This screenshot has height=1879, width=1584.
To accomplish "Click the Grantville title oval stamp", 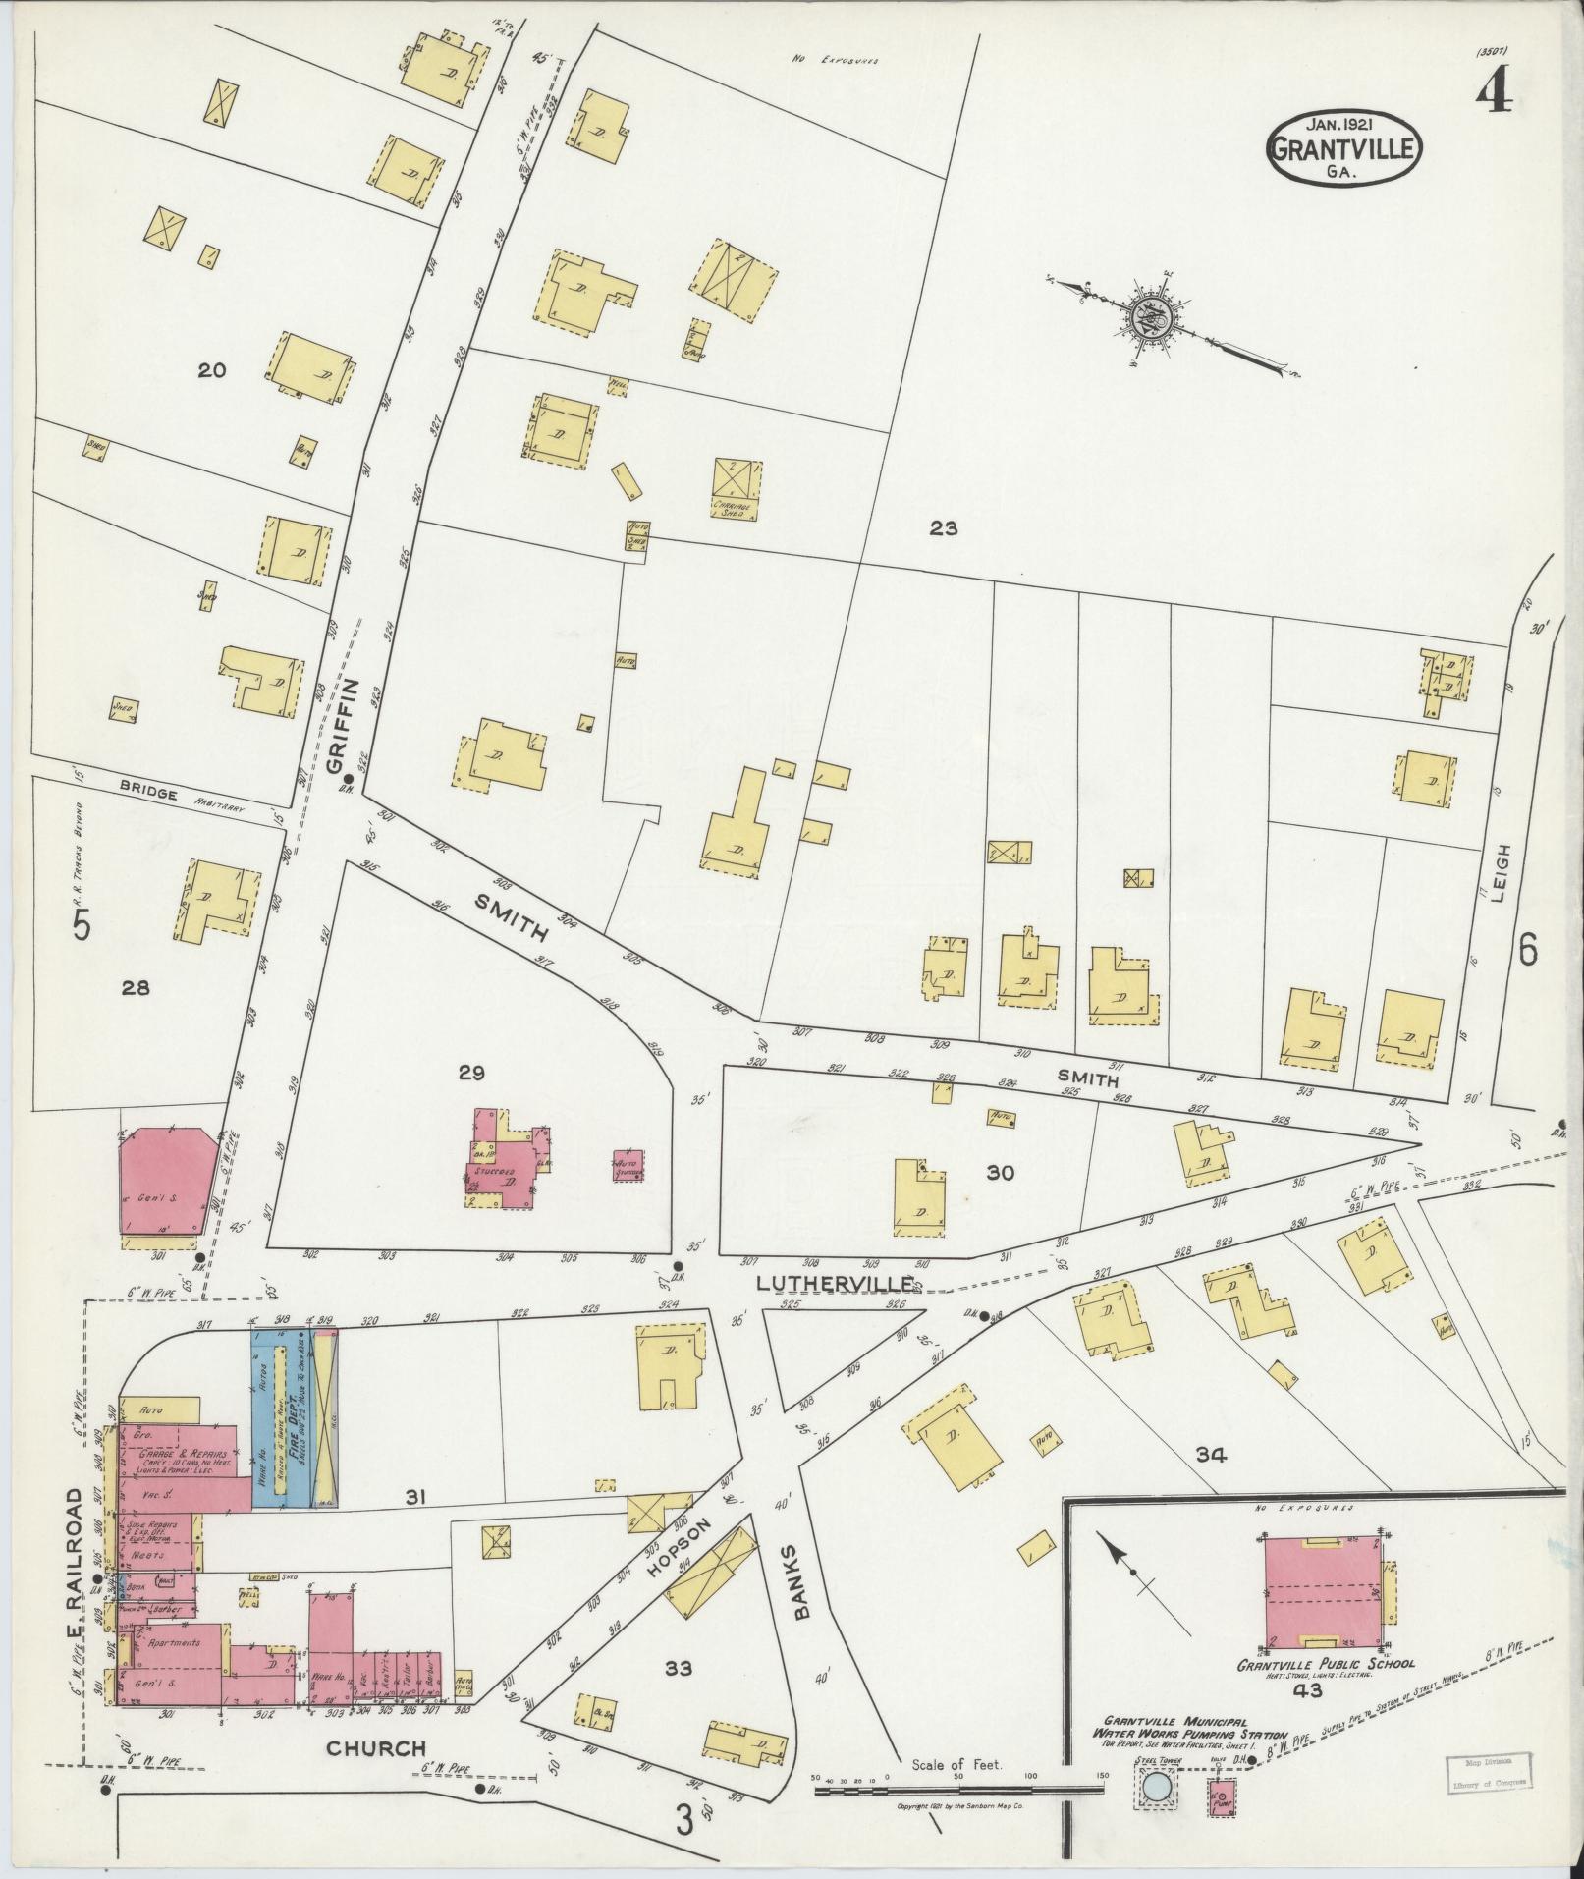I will tap(1347, 148).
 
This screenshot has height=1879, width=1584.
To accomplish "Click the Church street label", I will tap(376, 1748).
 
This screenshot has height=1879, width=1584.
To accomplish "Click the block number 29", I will tap(471, 1073).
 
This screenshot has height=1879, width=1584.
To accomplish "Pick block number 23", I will tap(943, 529).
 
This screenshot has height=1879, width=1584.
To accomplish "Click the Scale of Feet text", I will tap(956, 1764).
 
